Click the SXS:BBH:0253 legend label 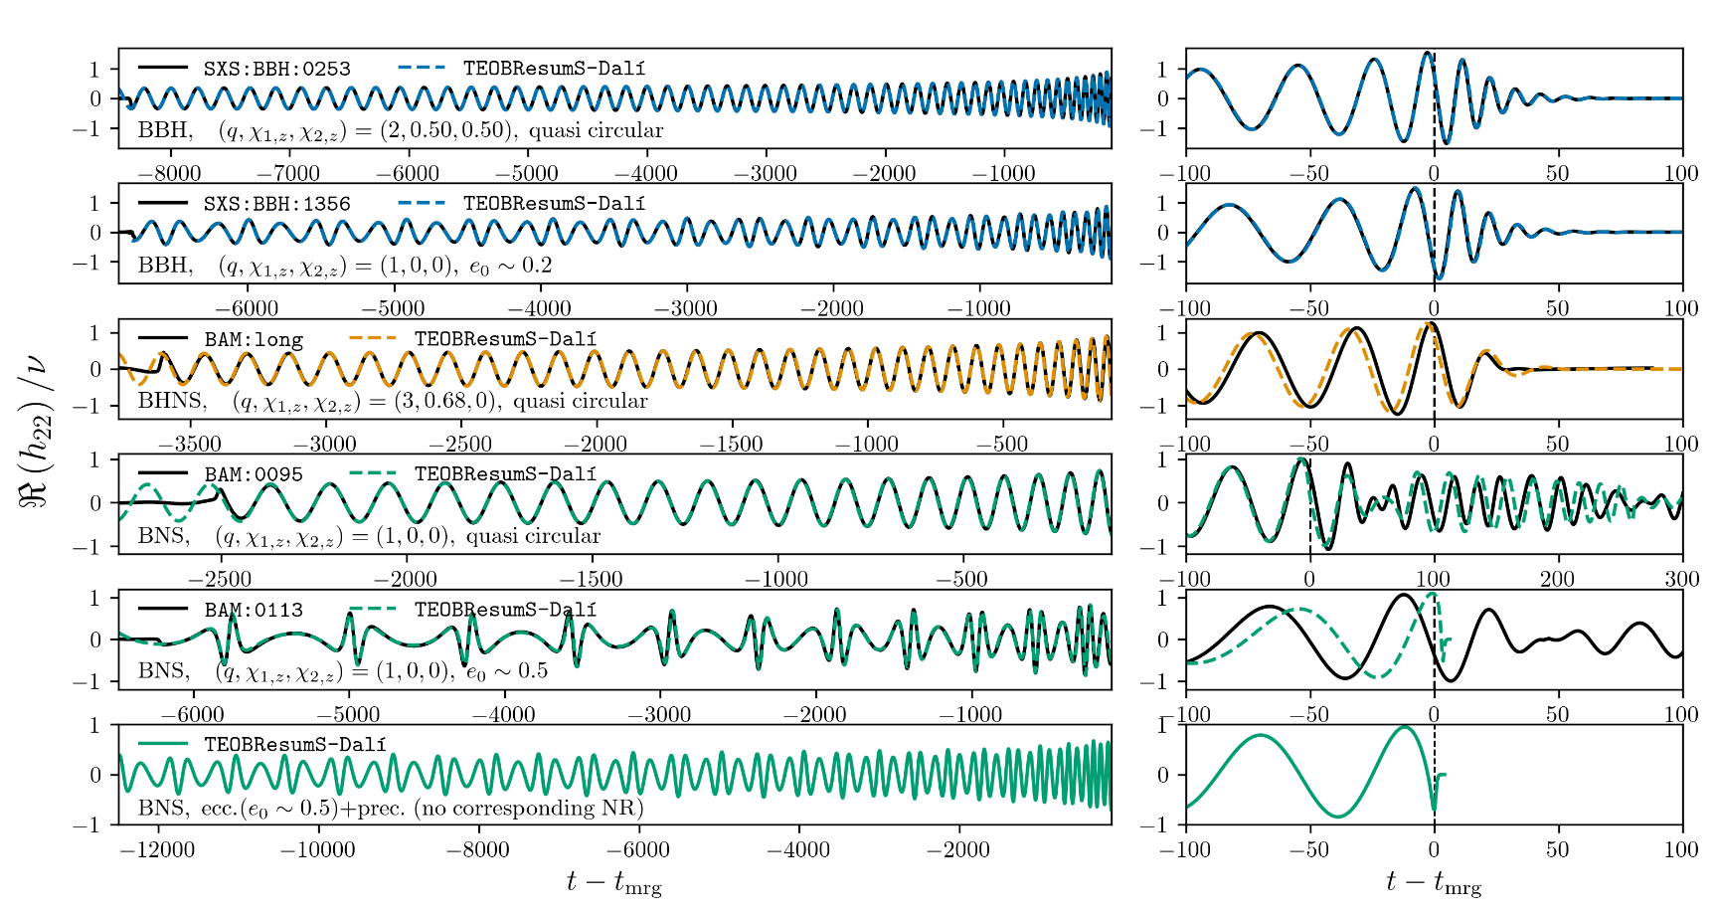point(276,69)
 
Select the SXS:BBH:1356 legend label point(276,204)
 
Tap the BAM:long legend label point(254,339)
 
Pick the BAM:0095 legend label point(254,474)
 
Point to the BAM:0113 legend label point(254,610)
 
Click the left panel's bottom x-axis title point(613,882)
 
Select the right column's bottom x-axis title point(1433,882)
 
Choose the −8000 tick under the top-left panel point(169,174)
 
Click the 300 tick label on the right point(1681,580)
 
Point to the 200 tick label point(1557,580)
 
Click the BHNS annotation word point(172,401)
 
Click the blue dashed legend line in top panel point(422,69)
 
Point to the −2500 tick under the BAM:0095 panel point(220,580)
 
